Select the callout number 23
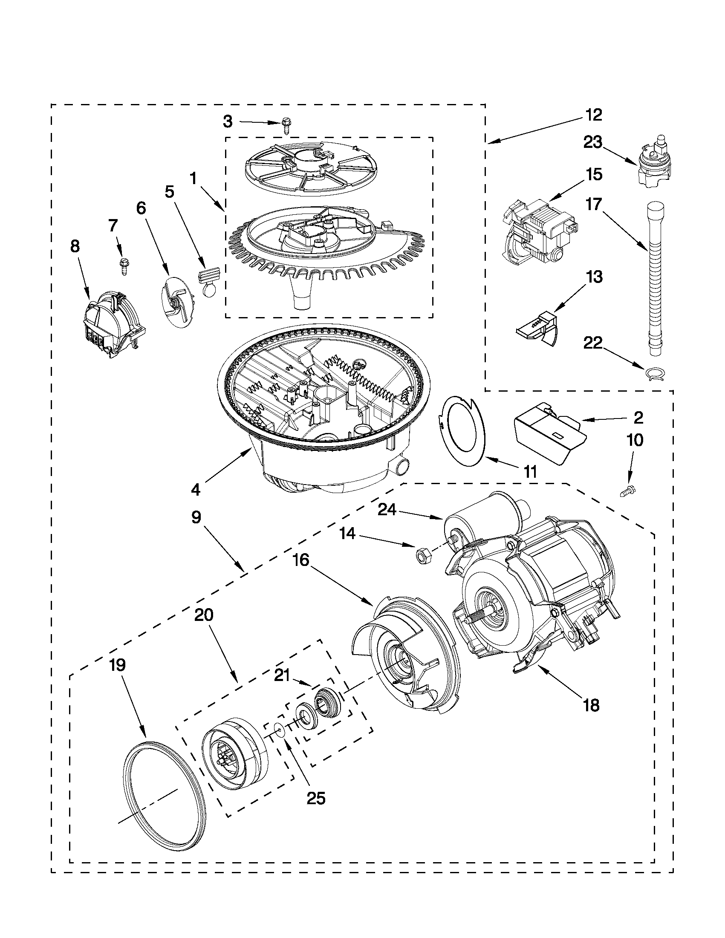(x=593, y=142)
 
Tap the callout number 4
(x=196, y=489)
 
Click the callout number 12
(x=594, y=115)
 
